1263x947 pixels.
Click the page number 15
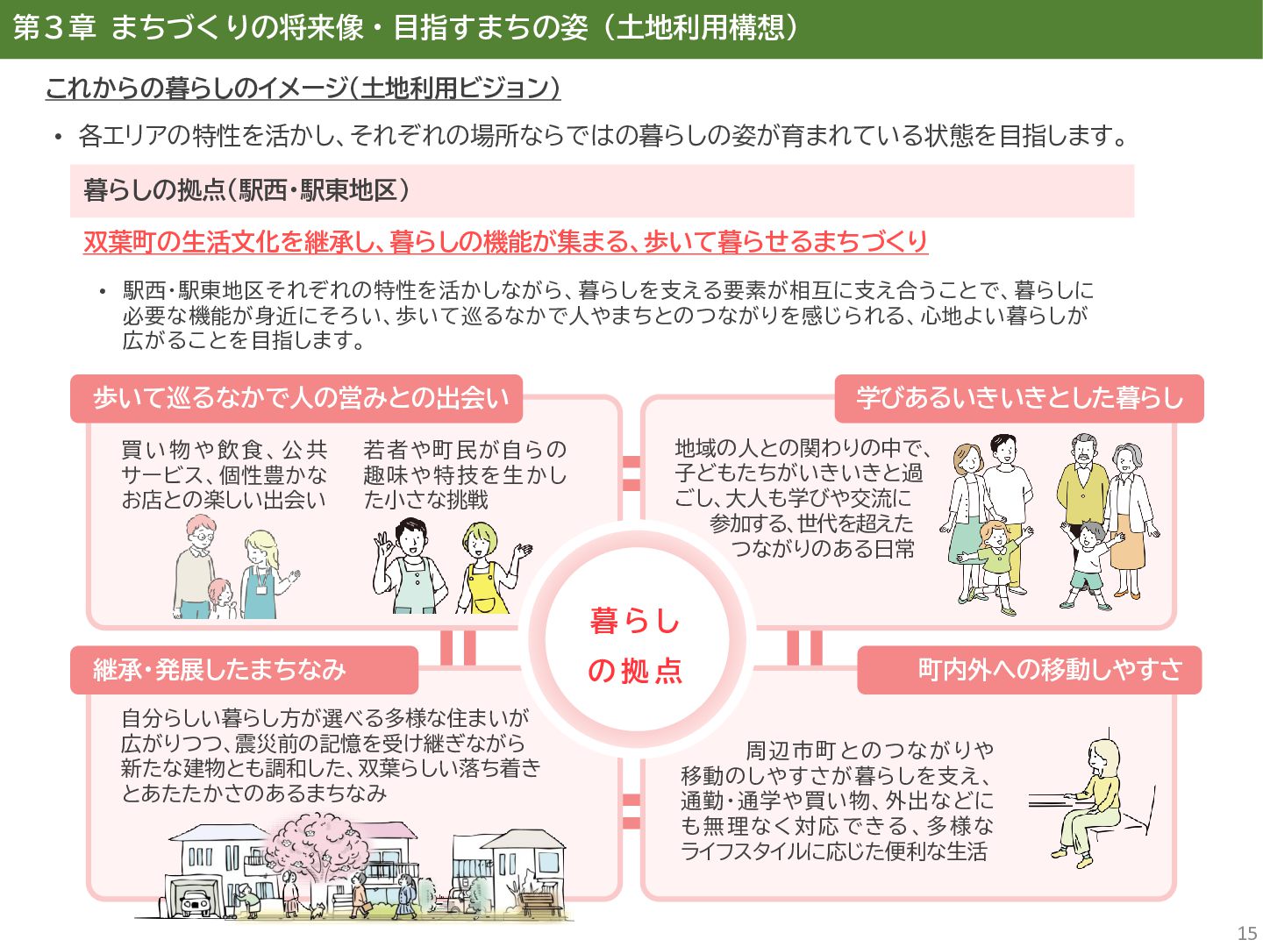coord(1246,933)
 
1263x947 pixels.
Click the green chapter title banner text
coord(405,28)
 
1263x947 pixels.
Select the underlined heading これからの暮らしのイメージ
coord(303,88)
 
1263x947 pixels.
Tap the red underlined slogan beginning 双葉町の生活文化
coord(505,241)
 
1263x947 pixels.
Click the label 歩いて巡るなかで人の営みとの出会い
coord(300,398)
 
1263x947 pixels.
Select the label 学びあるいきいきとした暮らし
coord(1019,398)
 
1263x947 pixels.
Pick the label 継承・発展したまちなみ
coord(220,670)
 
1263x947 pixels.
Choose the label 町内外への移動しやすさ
coord(1049,670)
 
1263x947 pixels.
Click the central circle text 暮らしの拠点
coord(635,645)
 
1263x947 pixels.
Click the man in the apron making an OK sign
coord(407,566)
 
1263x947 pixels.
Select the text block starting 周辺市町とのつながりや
coord(838,800)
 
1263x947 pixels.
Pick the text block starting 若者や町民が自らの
coord(465,474)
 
